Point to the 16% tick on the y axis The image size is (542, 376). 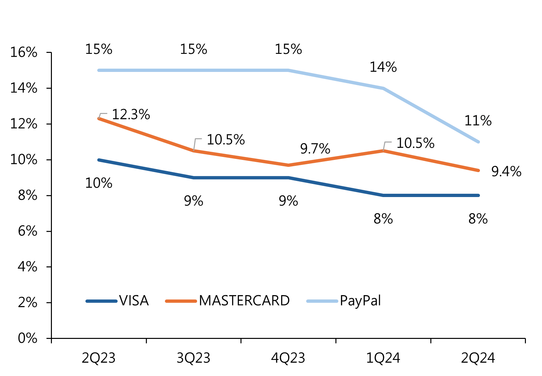point(24,53)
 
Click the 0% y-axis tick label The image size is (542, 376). point(28,338)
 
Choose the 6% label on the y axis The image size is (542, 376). point(28,231)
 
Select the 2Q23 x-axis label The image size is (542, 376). point(99,358)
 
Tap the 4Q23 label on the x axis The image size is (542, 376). point(288,358)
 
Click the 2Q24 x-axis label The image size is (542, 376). point(478,358)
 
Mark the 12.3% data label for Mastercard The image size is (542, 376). point(131,115)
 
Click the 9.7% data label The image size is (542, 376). point(315,149)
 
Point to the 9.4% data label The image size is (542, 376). point(506,172)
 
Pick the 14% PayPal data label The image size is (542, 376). point(383,67)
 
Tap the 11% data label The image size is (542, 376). point(478,121)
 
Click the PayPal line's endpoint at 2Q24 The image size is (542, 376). point(478,142)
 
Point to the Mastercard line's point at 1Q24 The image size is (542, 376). point(383,151)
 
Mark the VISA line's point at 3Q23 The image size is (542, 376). point(193,178)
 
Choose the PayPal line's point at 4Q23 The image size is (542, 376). point(288,70)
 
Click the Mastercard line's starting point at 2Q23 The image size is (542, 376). point(99,119)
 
